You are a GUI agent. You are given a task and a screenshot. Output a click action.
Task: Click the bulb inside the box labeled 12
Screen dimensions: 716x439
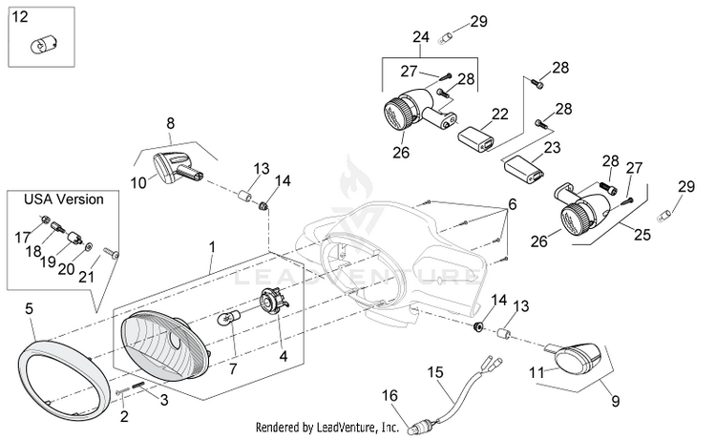42,45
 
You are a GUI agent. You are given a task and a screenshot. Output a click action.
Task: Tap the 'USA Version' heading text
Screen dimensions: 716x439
63,199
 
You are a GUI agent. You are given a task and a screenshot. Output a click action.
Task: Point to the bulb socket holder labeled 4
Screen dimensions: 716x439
274,303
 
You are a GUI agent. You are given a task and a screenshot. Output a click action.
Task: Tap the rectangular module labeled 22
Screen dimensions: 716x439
475,139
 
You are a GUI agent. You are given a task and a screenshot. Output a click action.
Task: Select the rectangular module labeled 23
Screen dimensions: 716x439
524,169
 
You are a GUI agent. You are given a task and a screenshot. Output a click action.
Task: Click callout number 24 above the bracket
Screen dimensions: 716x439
421,36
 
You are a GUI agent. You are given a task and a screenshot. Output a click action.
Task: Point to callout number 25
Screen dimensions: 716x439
642,234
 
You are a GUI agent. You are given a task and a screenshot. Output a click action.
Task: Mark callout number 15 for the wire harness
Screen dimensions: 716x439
435,372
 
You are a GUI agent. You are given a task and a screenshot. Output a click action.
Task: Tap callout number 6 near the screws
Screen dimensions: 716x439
513,204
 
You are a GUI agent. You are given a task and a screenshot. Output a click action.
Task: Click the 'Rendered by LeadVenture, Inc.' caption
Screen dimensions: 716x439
326,428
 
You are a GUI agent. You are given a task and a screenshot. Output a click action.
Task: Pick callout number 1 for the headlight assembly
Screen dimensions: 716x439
212,247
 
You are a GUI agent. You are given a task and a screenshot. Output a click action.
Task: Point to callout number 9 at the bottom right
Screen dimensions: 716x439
615,401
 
